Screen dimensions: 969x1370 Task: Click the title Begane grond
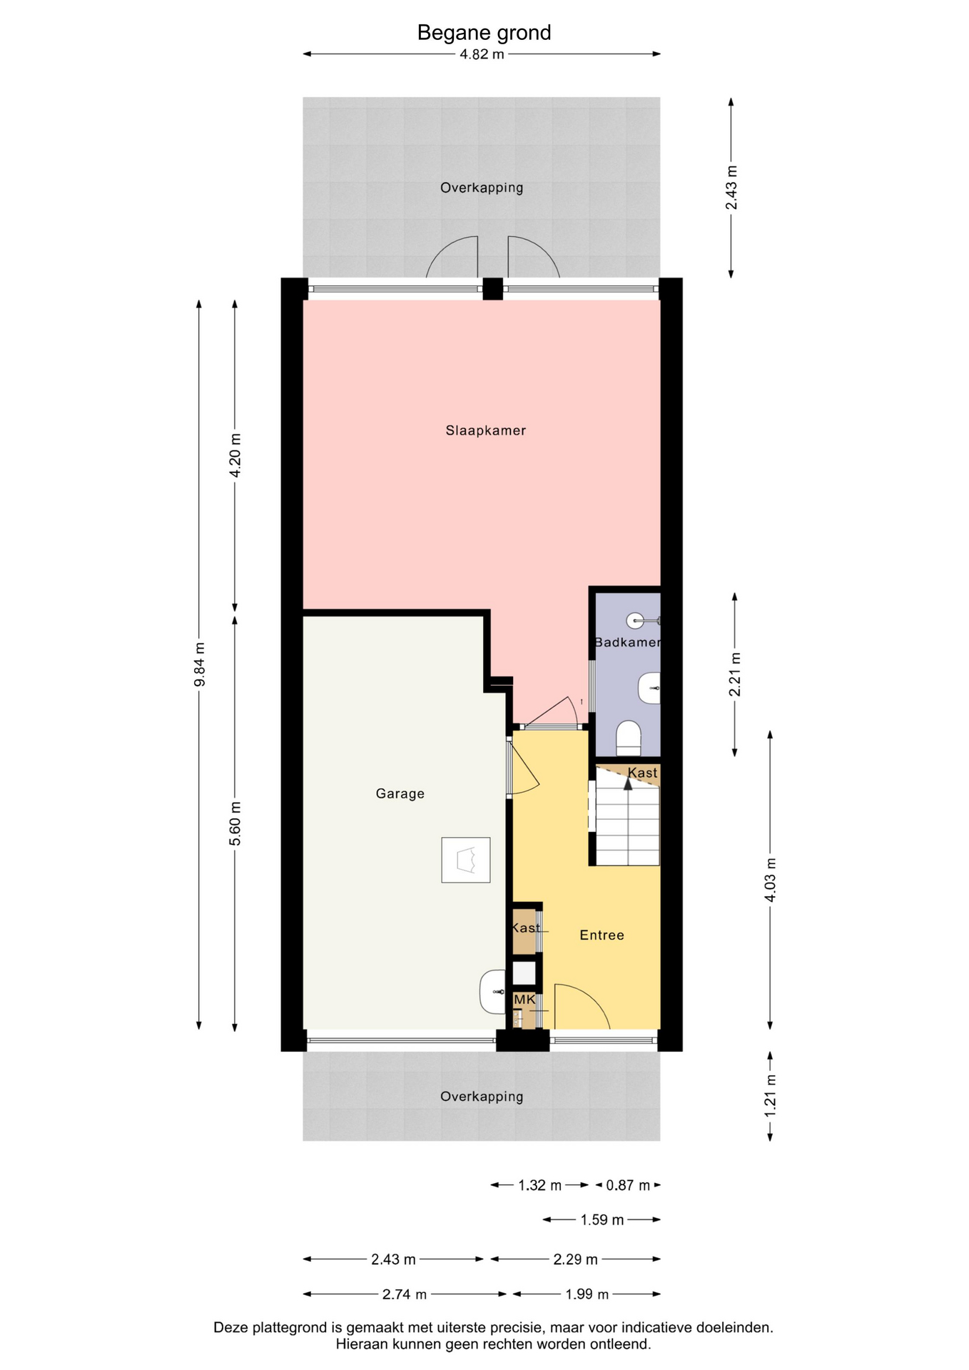coord(484,33)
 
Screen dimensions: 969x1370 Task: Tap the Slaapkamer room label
coord(486,430)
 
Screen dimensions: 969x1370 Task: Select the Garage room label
coord(400,793)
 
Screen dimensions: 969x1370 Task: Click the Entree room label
coord(602,935)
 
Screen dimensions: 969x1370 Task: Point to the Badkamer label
coord(627,642)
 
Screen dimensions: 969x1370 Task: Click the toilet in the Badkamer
coord(629,738)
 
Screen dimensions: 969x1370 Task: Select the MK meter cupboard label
coord(524,1000)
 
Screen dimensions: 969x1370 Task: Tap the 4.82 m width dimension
coord(482,54)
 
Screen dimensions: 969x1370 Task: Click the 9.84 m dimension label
coord(200,664)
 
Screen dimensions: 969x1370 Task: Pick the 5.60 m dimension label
coord(235,823)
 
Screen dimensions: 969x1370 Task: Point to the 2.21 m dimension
coord(735,674)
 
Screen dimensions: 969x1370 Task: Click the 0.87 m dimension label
coord(628,1185)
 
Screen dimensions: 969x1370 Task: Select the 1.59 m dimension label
coord(602,1220)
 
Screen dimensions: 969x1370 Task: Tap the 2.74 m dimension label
coord(405,1294)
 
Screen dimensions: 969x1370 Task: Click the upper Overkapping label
coord(482,188)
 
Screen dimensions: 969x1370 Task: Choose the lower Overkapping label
coord(482,1097)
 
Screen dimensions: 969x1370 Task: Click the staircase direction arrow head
coord(628,783)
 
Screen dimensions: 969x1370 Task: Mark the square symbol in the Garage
coord(466,860)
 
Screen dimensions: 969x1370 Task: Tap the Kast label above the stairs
coord(642,773)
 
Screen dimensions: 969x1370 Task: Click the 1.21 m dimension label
coord(771,1096)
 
